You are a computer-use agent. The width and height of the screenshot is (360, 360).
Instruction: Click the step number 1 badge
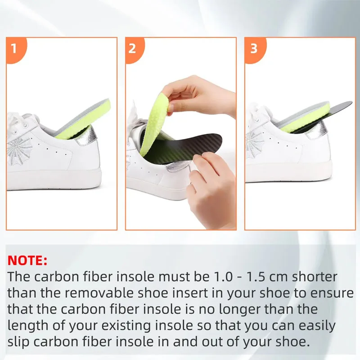[13, 48]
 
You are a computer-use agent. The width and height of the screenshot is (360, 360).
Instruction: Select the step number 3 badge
[253, 48]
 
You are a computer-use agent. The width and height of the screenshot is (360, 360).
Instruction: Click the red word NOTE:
[27, 261]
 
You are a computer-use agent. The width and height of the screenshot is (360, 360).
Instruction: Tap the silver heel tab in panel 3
[320, 130]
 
